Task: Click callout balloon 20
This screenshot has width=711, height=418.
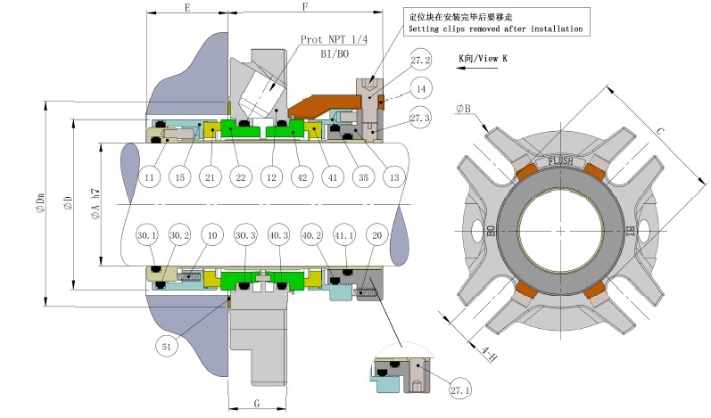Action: (x=376, y=235)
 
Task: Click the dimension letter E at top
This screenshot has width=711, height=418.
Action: (x=186, y=7)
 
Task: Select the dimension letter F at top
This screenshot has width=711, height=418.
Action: (x=306, y=7)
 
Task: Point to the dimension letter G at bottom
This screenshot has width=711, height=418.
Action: (x=257, y=403)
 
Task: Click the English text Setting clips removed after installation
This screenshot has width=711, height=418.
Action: (x=495, y=29)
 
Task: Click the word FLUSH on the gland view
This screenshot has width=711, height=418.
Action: (x=560, y=161)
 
